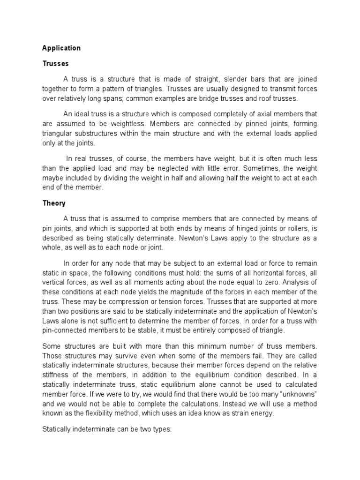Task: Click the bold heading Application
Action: [61, 48]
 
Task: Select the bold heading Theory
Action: [54, 203]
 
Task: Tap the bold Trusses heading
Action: [55, 63]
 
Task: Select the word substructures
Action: [99, 134]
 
